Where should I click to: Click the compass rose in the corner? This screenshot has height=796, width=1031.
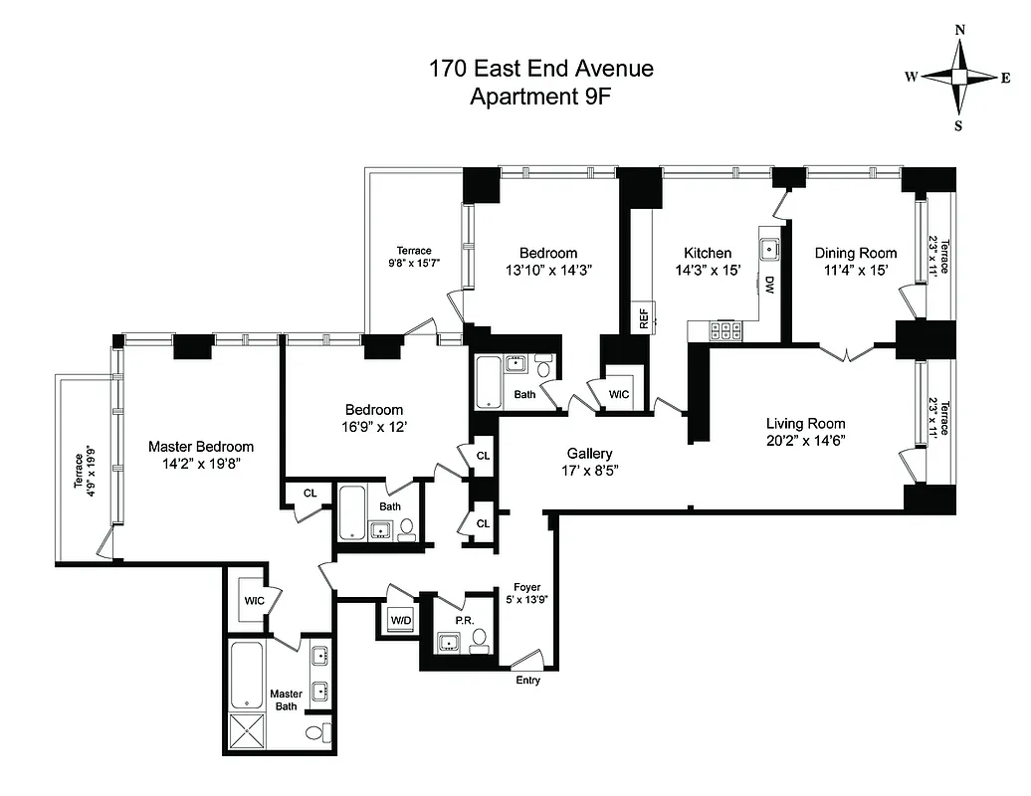coord(960,77)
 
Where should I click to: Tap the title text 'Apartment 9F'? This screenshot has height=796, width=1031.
coord(540,97)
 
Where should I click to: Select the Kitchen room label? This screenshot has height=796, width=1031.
coord(708,253)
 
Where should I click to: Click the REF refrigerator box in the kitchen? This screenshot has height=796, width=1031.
coord(643,318)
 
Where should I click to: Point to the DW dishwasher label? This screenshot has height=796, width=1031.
coord(769,285)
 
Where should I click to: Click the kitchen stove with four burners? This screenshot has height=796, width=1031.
coord(723,330)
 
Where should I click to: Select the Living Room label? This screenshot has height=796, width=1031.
coord(805,423)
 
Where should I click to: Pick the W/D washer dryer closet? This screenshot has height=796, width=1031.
coord(401,621)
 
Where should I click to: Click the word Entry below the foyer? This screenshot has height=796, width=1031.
coord(527,681)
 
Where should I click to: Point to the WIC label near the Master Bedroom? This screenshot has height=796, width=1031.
coord(254,601)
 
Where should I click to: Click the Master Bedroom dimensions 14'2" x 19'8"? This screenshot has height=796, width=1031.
coord(200,465)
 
